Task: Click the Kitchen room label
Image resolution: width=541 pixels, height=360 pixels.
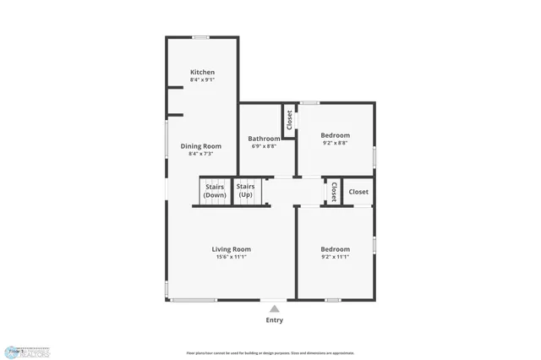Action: pos(202,73)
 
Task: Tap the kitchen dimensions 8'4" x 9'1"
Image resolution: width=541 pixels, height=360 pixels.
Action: pos(202,80)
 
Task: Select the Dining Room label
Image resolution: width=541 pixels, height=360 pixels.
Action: pos(201,146)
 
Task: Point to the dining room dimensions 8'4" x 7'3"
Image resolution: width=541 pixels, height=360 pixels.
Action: pos(201,154)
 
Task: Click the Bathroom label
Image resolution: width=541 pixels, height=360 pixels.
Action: pos(264,139)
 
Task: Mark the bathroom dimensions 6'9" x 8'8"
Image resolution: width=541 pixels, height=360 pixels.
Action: pos(264,146)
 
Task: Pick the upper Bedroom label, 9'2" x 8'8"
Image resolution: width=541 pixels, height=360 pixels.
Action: pos(335,135)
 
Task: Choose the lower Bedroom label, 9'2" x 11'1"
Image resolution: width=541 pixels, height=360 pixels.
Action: pos(335,249)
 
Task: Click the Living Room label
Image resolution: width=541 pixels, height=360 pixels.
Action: pos(231,249)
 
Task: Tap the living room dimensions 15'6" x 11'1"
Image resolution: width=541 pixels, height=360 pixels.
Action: pos(231,257)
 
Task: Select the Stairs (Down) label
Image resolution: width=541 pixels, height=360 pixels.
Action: pos(214,191)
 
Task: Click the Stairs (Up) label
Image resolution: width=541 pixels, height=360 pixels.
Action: pos(245,191)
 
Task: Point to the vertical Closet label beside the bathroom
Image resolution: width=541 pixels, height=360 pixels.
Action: pos(289,119)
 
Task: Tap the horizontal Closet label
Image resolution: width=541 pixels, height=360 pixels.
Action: pos(358,192)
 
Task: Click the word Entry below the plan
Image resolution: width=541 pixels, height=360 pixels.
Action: pos(275,320)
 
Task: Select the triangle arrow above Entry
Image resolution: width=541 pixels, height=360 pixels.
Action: pos(275,309)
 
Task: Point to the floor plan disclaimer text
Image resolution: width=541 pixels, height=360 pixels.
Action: pos(270,353)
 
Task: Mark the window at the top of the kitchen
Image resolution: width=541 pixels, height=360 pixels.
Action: pos(201,37)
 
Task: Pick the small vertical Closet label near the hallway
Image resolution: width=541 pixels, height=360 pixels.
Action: pos(335,192)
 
